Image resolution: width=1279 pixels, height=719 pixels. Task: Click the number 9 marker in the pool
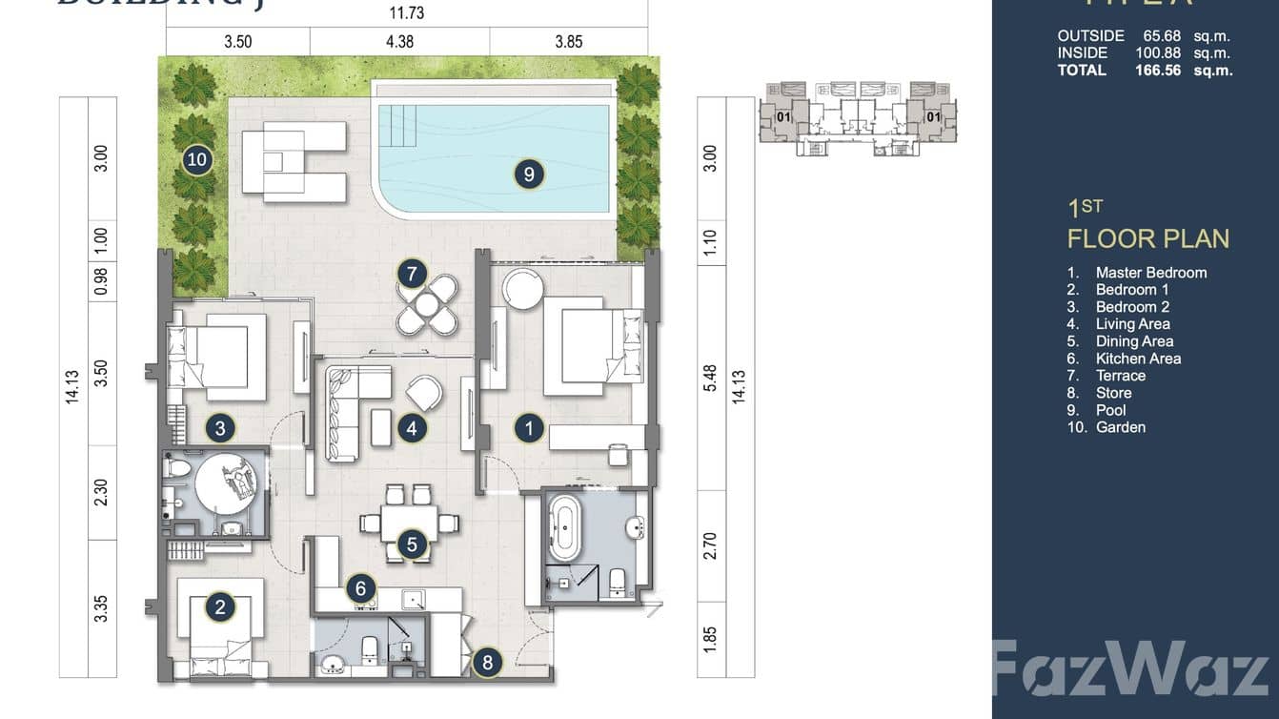[x=529, y=174]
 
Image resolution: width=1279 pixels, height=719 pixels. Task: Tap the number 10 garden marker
[x=197, y=159]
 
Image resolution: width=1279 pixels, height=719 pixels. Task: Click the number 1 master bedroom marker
[x=530, y=428]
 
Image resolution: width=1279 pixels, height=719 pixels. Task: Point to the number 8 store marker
[x=487, y=662]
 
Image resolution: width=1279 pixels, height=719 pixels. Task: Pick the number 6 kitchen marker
[x=360, y=588]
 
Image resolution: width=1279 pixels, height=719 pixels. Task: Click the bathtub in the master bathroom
[x=565, y=532]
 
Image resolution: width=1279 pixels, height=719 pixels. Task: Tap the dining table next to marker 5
[x=410, y=524]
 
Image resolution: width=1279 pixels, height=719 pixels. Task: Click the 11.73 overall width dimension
[x=407, y=12]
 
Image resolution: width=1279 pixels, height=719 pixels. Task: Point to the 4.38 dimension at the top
[x=400, y=42]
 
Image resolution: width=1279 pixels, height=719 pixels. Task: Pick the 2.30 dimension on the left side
[x=102, y=492]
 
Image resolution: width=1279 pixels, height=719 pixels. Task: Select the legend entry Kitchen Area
[x=1138, y=359]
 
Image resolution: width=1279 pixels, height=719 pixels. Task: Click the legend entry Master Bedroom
[x=1150, y=273]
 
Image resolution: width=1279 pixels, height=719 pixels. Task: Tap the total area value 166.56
[x=1158, y=70]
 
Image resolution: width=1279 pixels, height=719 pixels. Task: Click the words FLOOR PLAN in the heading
[x=1148, y=238]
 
